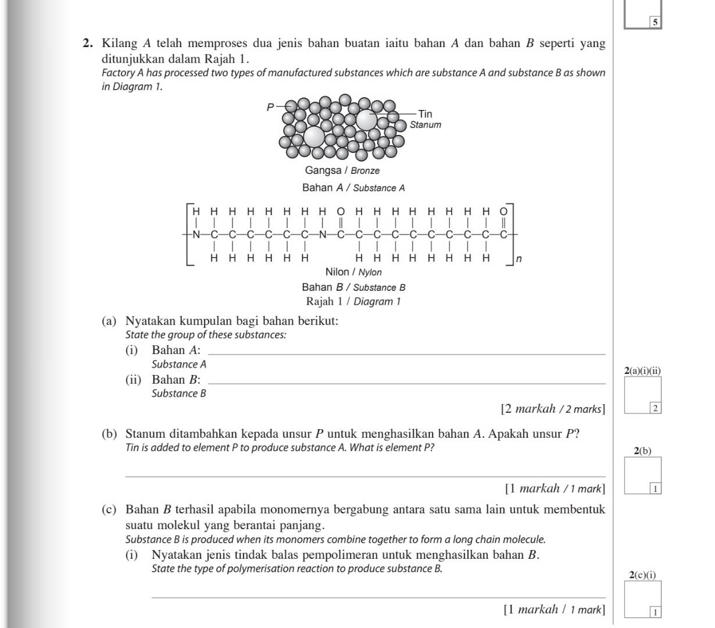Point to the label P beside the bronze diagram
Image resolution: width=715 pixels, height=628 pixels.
(270, 107)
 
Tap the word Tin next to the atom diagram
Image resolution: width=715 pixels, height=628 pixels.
(425, 114)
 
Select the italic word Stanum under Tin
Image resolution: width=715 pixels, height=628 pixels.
(426, 125)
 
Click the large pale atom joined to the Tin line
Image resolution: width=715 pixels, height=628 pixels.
(366, 120)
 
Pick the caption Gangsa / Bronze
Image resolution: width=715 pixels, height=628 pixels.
(342, 170)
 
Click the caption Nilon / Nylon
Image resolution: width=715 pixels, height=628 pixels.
(353, 272)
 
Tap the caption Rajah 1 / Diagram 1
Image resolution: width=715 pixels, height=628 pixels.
(353, 301)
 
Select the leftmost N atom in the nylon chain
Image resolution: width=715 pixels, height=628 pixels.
(196, 235)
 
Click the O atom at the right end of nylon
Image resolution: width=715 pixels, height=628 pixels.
(504, 210)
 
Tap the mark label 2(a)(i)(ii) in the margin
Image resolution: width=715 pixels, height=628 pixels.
(642, 370)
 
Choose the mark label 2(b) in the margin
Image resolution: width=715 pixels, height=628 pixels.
(642, 451)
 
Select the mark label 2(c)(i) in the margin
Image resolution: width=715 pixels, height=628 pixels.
(642, 575)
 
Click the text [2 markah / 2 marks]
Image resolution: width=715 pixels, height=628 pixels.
(552, 409)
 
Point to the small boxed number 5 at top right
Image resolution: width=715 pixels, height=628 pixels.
(655, 23)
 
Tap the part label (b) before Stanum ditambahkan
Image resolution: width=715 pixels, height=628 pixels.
(109, 434)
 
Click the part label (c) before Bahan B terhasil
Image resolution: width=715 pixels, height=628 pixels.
(109, 510)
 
